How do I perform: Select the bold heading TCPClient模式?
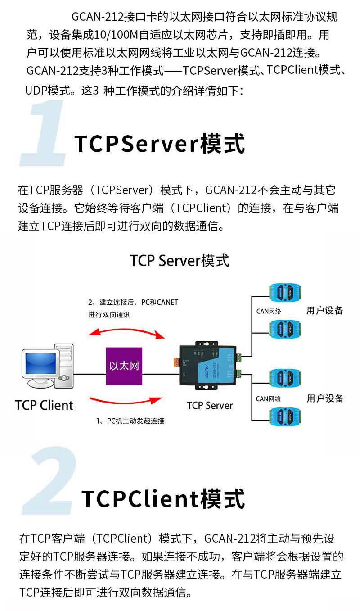tap(163, 499)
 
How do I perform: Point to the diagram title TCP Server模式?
tap(180, 260)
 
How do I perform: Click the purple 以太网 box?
tap(124, 366)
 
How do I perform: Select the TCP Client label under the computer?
tap(44, 405)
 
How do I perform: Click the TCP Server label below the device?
tap(210, 405)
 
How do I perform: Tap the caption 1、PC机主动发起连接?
tap(130, 421)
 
